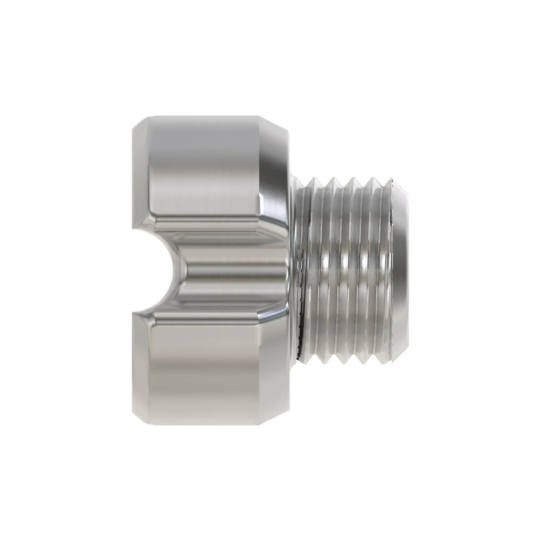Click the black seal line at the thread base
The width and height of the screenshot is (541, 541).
click(x=301, y=322)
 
